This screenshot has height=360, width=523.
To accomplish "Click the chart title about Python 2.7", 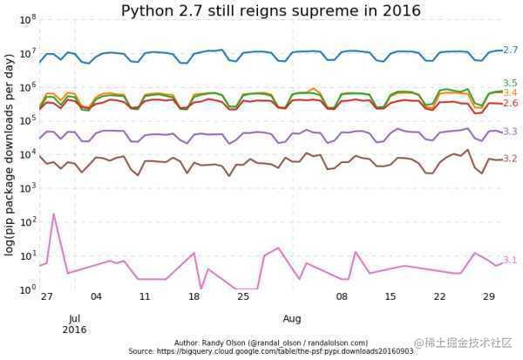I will [270, 10].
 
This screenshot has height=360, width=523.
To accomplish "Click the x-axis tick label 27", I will [47, 297].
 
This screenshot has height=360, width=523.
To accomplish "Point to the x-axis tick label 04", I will [96, 297].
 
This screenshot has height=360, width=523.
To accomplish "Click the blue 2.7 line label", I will [511, 51].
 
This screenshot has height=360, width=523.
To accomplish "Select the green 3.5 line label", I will [511, 83].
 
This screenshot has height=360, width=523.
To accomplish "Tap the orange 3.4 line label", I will [511, 92].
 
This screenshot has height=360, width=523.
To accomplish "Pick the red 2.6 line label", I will [511, 103].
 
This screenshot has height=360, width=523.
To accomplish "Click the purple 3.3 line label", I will [511, 132].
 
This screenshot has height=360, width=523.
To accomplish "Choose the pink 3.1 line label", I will [511, 260].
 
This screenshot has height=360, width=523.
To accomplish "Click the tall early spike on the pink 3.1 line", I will [54, 214].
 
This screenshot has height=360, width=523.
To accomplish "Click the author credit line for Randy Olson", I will [271, 343].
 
